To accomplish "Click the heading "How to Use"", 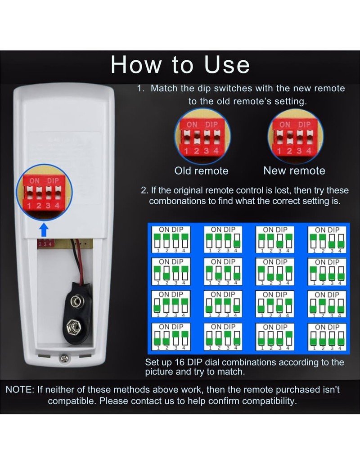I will (x=180, y=65).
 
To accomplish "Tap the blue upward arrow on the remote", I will (x=44, y=230).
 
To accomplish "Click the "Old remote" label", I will (x=201, y=171).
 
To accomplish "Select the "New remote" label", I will (x=294, y=171).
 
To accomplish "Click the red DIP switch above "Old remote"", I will (x=201, y=137).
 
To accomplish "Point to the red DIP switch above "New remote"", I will (x=295, y=137).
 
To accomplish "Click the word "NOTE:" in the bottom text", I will (x=20, y=390).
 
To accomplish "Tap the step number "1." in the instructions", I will (x=141, y=88).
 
